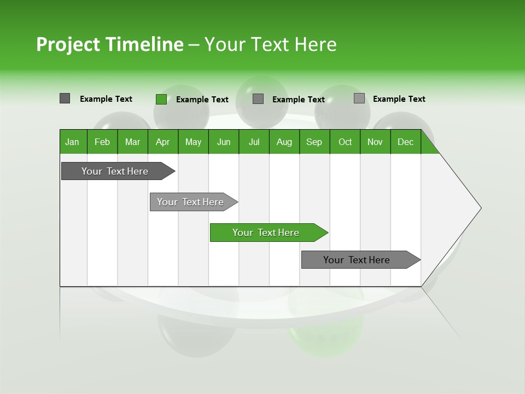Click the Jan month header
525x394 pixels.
(72, 142)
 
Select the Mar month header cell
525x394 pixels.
(132, 142)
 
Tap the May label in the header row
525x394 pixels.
(193, 142)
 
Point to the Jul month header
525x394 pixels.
(254, 142)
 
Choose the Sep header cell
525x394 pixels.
(314, 142)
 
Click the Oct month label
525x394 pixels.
(345, 142)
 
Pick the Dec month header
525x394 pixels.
(405, 142)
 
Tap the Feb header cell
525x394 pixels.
(102, 142)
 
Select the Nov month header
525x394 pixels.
(375, 142)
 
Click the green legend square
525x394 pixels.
(161, 99)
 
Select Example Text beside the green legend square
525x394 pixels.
(202, 100)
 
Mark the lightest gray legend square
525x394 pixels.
(359, 99)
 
